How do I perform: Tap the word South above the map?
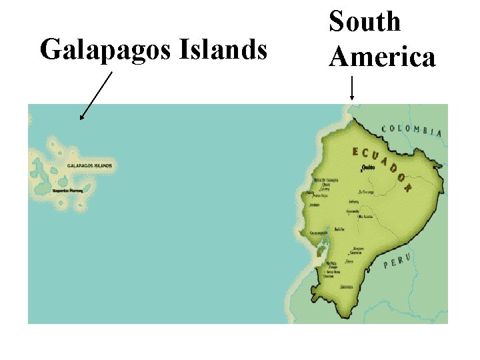coord(365,21)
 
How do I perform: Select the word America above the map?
coord(382,57)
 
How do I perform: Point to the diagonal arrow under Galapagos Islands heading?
coord(95,97)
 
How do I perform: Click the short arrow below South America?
coord(351,89)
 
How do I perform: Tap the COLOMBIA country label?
coord(411,130)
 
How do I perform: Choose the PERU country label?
coord(398,260)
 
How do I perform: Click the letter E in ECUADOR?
coord(355,151)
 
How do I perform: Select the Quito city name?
coord(368,167)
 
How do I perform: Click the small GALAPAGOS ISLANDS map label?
coord(90,165)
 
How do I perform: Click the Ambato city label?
coord(353,201)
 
